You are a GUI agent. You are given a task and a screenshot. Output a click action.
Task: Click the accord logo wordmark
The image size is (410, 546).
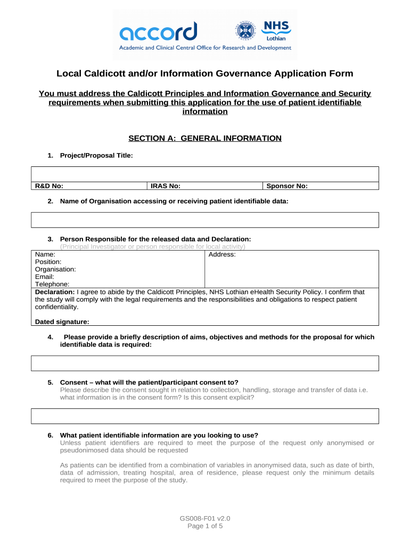pos(158,31)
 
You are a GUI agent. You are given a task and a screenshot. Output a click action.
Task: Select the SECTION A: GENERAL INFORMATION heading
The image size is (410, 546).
pos(205,139)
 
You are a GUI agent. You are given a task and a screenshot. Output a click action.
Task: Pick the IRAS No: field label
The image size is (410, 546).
pos(165,186)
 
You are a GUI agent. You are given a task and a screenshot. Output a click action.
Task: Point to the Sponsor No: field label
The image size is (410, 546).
pos(287,186)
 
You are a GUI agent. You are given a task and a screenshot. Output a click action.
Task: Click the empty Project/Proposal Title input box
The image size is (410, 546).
pos(205,174)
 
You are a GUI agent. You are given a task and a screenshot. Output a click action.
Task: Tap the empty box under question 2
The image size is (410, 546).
pos(205,220)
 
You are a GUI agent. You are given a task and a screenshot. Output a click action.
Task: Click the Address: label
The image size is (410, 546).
pos(222,255)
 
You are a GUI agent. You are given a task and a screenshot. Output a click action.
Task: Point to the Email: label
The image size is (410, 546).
pos(45,277)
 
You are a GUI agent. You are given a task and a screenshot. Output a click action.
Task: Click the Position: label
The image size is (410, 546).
pos(48,262)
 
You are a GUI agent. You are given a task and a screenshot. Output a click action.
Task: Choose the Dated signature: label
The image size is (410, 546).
pos(62,322)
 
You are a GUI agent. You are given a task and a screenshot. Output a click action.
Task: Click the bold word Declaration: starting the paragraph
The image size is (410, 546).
pos(55,292)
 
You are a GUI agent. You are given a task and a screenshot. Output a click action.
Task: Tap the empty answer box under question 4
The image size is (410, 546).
pos(205,363)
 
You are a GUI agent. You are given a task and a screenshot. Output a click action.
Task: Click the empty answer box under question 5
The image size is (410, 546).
pos(205,416)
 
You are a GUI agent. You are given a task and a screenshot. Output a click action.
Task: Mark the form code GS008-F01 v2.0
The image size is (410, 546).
pos(205,518)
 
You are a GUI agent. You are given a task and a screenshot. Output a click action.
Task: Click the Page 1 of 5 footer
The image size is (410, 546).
pos(205,526)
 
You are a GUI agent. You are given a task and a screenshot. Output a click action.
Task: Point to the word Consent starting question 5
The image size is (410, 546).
pos(73,382)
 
